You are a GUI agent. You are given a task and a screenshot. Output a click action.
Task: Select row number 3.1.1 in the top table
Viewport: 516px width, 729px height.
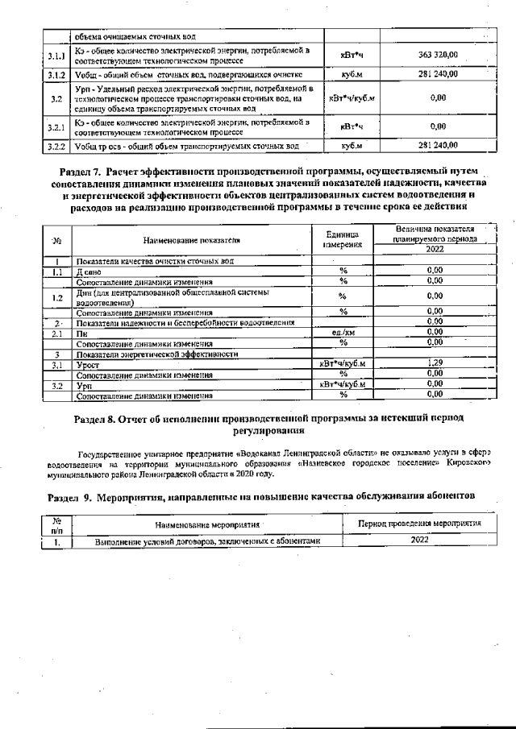click(x=56, y=56)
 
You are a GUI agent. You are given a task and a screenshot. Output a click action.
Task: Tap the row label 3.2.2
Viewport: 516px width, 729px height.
click(x=56, y=146)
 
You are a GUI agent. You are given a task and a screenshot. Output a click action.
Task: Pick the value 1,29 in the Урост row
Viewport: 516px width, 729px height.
click(x=435, y=363)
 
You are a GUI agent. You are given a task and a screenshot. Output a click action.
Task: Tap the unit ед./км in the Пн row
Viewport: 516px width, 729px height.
click(x=343, y=332)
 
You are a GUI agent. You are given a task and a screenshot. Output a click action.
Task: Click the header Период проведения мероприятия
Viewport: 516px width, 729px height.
click(x=419, y=524)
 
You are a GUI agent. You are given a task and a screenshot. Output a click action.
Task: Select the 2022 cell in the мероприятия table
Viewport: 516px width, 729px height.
click(x=419, y=540)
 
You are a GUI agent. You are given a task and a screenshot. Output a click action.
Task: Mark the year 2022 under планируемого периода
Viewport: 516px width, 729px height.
click(x=435, y=250)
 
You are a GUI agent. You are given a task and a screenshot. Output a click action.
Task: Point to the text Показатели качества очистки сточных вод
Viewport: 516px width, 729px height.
click(x=155, y=261)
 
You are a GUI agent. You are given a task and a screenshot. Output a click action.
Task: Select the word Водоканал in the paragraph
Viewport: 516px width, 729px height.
click(x=291, y=454)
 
